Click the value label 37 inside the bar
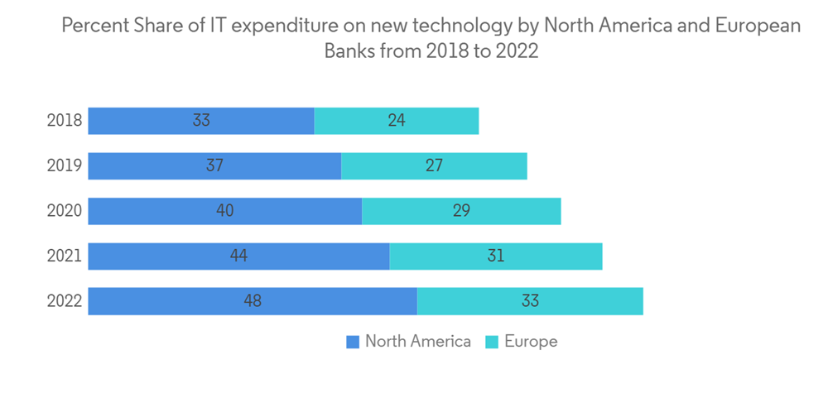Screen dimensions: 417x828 coord(215,165)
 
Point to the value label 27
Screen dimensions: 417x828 coord(434,165)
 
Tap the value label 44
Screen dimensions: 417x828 coord(238,256)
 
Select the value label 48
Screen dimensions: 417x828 coord(253,301)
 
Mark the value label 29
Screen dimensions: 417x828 coord(461,211)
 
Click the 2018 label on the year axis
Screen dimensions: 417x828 coord(64,121)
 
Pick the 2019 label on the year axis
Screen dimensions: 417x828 coord(64,165)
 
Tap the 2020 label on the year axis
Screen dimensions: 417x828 coord(64,211)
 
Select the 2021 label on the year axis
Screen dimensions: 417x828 coord(64,256)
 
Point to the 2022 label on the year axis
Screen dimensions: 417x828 coord(64,301)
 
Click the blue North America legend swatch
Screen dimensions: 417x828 coord(353,342)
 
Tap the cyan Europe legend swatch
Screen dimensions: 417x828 coord(492,342)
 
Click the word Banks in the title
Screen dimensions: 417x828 coord(349,50)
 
